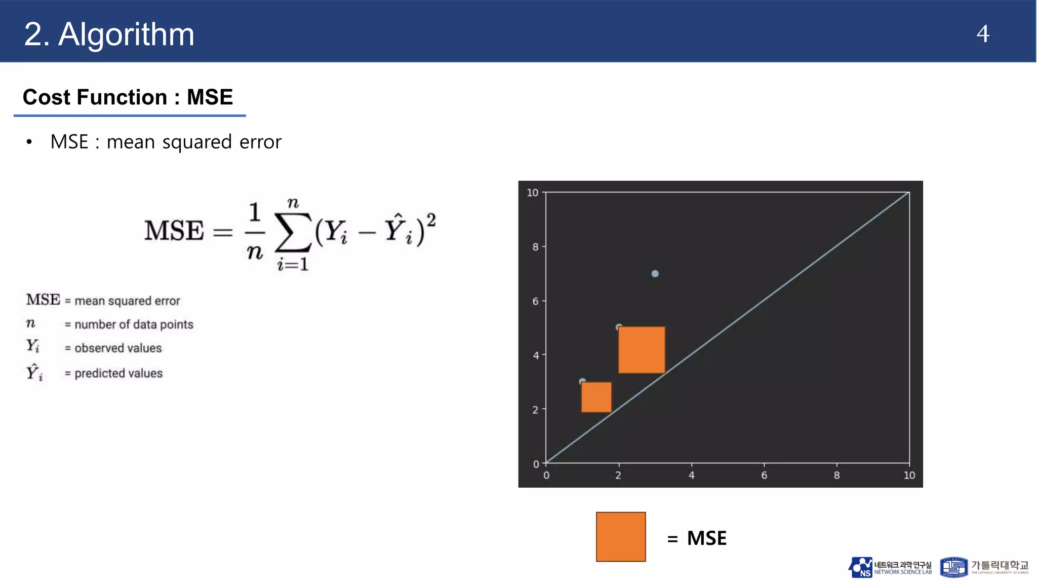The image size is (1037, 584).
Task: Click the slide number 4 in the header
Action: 982,34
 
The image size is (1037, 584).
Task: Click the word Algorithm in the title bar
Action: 126,34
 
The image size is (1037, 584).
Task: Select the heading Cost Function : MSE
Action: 128,97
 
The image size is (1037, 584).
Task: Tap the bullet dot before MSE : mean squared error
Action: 29,142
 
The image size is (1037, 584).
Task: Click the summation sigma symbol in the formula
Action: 292,232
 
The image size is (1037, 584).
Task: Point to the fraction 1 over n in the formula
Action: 255,231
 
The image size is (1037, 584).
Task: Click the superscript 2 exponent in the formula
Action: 430,220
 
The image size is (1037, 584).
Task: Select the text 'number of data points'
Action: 134,324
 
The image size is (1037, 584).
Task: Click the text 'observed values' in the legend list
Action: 118,348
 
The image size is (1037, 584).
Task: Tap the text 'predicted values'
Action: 118,374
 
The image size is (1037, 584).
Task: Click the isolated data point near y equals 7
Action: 655,274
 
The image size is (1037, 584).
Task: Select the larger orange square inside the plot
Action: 642,350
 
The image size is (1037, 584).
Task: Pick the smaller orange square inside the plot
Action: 596,397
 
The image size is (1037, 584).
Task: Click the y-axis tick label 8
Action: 535,247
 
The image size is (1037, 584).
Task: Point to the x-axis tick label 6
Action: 764,476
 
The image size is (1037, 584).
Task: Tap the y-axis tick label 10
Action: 532,193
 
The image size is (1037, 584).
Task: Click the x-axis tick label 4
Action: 691,476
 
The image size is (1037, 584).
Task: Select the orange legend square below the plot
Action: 621,537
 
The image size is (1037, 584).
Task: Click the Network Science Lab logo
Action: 890,568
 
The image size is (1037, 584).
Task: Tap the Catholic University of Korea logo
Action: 984,567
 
